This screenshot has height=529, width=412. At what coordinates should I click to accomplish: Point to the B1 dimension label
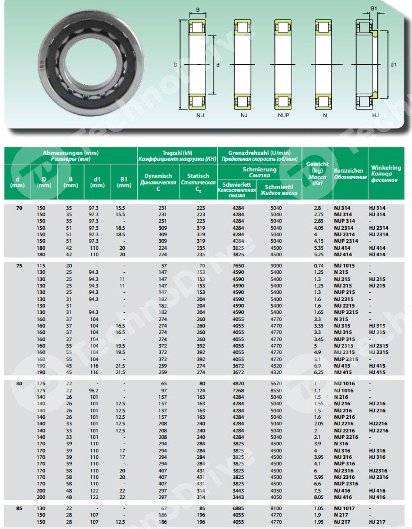click(373, 9)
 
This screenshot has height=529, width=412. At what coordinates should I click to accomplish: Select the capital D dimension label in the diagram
click(175, 64)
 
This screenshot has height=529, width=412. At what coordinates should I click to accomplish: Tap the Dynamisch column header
click(158, 178)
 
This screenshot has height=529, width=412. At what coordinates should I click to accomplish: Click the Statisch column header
click(198, 178)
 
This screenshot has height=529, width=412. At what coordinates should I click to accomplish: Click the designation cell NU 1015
click(346, 266)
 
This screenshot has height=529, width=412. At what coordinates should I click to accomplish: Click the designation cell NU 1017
click(346, 507)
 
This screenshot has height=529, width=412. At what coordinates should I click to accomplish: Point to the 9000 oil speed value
click(276, 266)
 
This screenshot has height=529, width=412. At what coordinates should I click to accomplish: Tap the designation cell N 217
click(343, 514)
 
